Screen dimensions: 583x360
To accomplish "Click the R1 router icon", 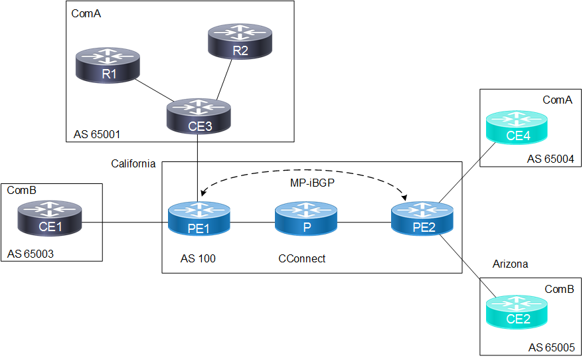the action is (108, 65).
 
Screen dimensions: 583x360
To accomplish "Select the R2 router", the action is (240, 41).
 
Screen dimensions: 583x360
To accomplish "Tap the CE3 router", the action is (199, 116).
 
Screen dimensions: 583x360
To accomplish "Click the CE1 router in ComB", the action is (50, 219).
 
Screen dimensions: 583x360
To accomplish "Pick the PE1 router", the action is (199, 219).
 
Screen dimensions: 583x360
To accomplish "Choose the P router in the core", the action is (306, 219).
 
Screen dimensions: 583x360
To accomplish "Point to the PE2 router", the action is (422, 219).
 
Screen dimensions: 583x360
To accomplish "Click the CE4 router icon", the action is (517, 127).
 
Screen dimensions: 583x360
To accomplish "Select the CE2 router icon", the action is (517, 312).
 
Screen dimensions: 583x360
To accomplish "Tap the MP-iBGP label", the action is (312, 183).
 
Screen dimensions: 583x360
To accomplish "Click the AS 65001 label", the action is (97, 134).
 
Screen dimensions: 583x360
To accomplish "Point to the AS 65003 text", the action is (31, 254).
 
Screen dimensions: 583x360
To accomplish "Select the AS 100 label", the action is (198, 258).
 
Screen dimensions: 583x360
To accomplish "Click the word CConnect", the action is (301, 258).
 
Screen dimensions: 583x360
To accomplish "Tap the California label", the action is (133, 163).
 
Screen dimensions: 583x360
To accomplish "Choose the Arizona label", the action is (510, 264).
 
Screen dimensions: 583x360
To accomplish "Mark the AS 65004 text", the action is (550, 159).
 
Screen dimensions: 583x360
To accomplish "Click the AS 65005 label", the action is (552, 348).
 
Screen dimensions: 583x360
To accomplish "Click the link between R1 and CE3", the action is (154, 90).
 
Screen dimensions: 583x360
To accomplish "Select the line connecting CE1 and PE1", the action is (125, 223).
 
